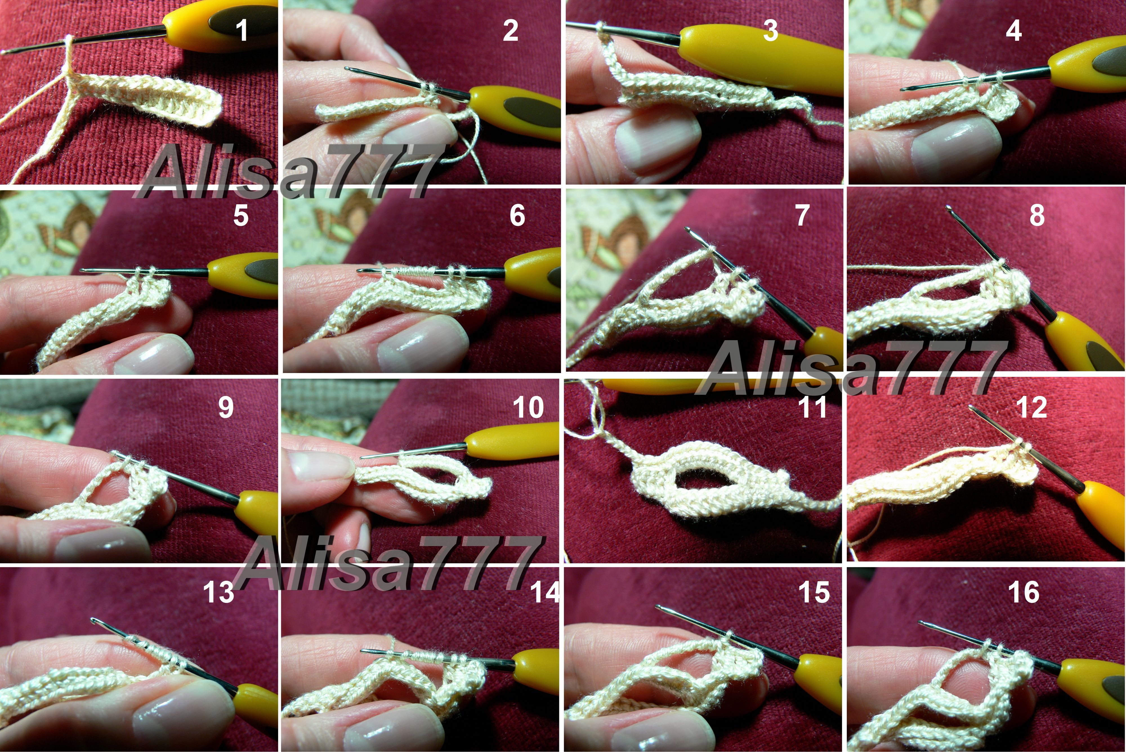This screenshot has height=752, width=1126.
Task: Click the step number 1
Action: click(242, 31)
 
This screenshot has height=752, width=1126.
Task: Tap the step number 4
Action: click(1013, 31)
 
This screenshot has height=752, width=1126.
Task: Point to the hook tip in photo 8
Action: click(948, 208)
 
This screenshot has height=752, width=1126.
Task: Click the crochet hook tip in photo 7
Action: click(687, 230)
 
